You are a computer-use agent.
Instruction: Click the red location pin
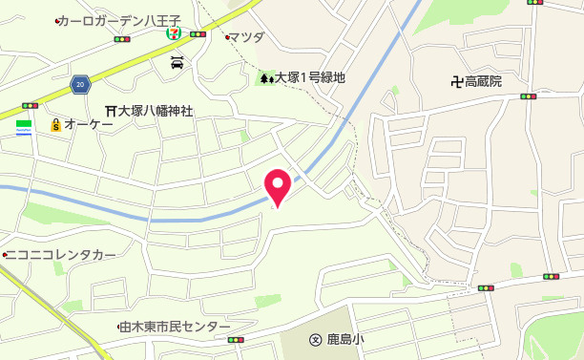pyautogui.click(x=277, y=183)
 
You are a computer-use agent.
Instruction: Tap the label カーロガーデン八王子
pyautogui.click(x=118, y=21)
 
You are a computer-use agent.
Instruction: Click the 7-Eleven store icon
pyautogui.click(x=175, y=32)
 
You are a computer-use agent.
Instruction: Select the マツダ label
pyautogui.click(x=249, y=37)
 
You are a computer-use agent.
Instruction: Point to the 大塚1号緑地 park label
pyautogui.click(x=310, y=78)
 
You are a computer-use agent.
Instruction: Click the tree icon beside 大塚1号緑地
pyautogui.click(x=265, y=78)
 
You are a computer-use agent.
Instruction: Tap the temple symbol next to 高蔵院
pyautogui.click(x=456, y=81)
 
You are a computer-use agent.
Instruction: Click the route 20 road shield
pyautogui.click(x=80, y=86)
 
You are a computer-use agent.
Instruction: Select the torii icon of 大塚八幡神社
pyautogui.click(x=111, y=111)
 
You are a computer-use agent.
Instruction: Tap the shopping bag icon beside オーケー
pyautogui.click(x=55, y=125)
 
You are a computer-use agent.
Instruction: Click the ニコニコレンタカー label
pyautogui.click(x=62, y=255)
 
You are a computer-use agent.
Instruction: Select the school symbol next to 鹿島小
pyautogui.click(x=315, y=339)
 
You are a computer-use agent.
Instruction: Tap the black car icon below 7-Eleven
pyautogui.click(x=177, y=63)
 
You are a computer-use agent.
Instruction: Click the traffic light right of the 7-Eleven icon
pyautogui.click(x=198, y=34)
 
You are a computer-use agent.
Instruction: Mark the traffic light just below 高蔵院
pyautogui.click(x=528, y=96)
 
